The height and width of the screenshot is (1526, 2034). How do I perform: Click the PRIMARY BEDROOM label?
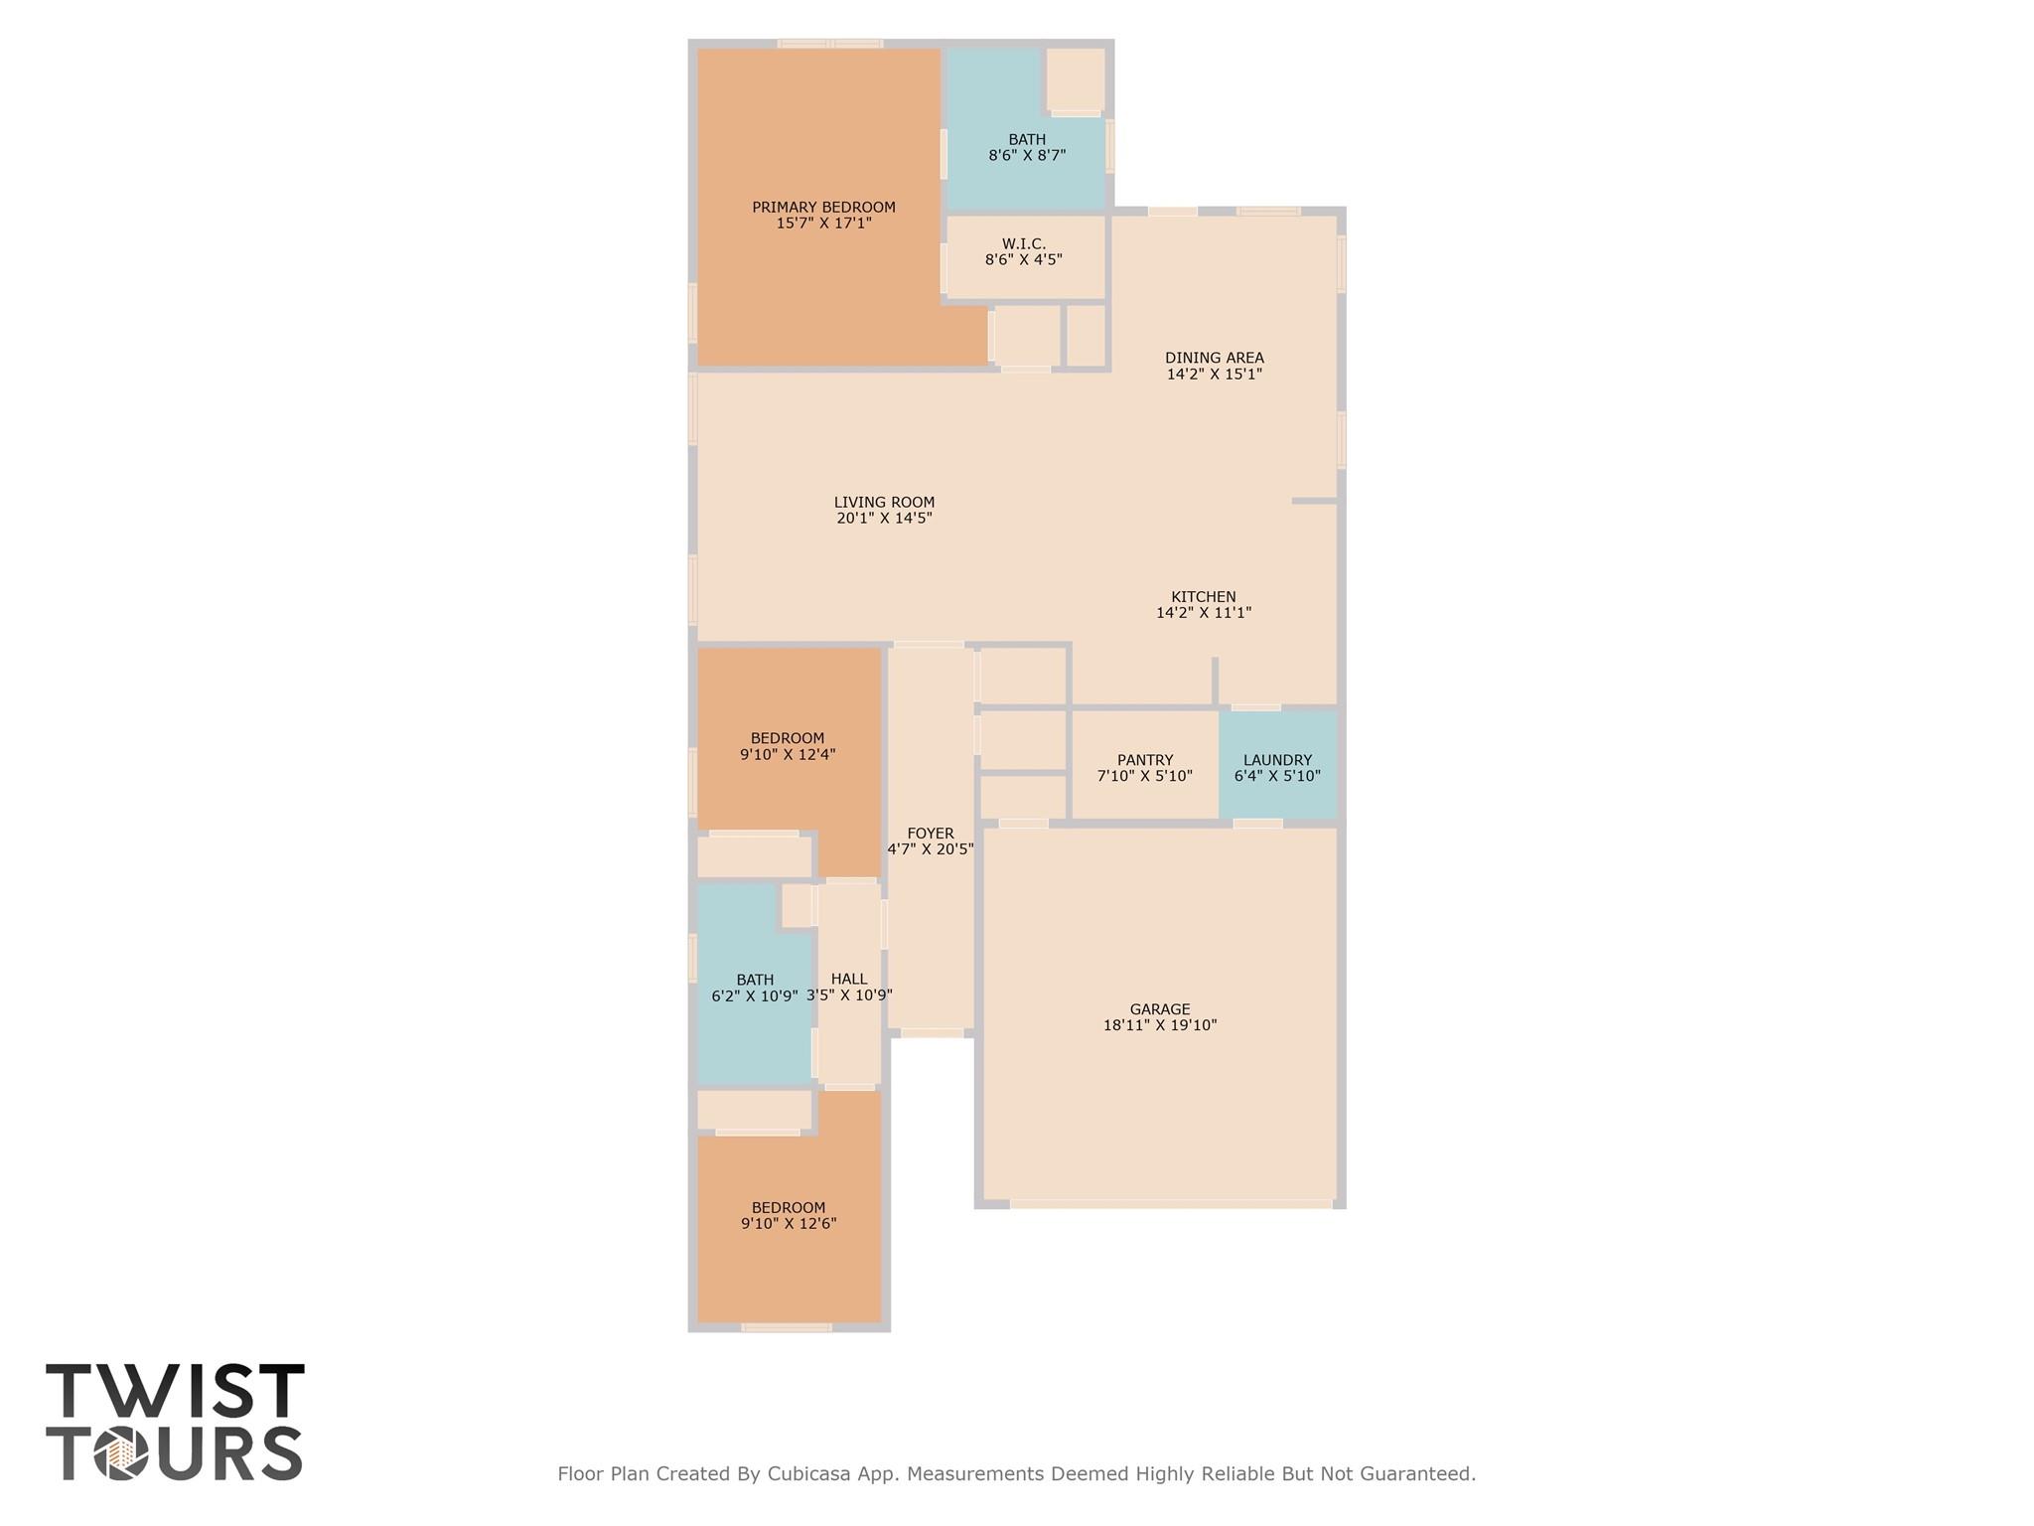tap(823, 208)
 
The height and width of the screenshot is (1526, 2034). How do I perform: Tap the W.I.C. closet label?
tap(1024, 244)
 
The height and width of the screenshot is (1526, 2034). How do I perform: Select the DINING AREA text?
tap(1215, 359)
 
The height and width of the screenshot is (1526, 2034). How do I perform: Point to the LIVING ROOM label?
tap(884, 503)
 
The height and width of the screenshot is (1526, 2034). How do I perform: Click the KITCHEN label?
tap(1204, 597)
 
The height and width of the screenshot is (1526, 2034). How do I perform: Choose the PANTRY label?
tap(1145, 760)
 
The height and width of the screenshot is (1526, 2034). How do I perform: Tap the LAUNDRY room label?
tap(1277, 760)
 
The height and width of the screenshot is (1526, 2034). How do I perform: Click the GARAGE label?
tap(1160, 1009)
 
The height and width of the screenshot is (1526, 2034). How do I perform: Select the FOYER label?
tap(931, 834)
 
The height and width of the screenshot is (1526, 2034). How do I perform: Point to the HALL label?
tap(849, 979)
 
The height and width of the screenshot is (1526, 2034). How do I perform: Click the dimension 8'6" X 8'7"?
tap(1027, 155)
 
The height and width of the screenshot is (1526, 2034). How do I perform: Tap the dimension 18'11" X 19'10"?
tap(1160, 1025)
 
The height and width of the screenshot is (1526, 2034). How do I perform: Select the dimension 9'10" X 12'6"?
tap(789, 1224)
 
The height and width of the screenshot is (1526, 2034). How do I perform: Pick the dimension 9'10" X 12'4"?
tap(788, 754)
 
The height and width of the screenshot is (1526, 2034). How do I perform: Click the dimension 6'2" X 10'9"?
tap(755, 995)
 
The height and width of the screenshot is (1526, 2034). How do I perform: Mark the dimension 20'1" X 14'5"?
tap(884, 518)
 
